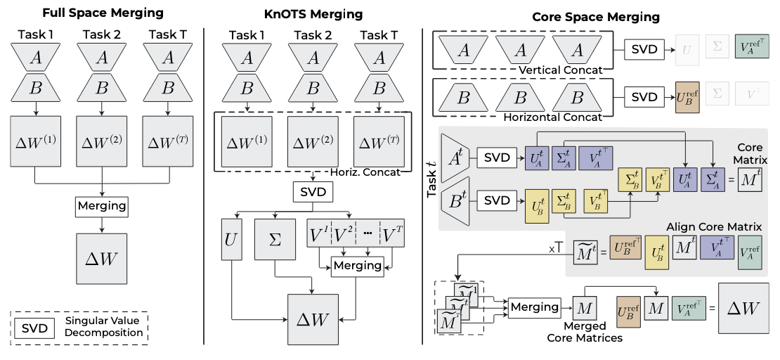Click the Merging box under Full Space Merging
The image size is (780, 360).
click(102, 206)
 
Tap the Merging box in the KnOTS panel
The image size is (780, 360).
click(357, 266)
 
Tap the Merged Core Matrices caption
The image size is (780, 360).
click(584, 332)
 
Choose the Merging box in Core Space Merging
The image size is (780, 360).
click(533, 307)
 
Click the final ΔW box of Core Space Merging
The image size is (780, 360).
click(743, 307)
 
